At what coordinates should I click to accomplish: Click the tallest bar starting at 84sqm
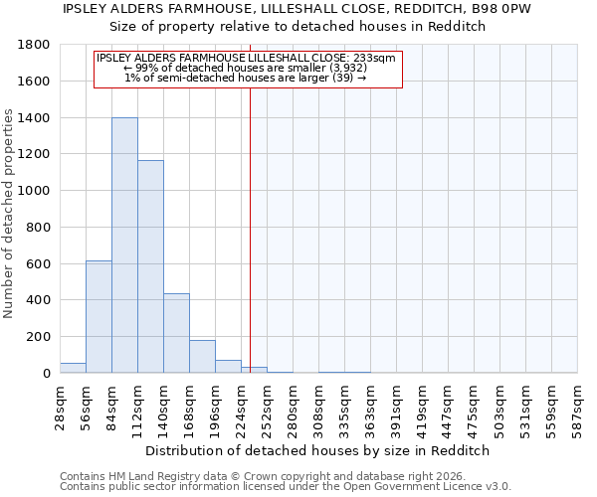[124, 246]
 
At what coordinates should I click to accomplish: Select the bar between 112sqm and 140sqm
[150, 266]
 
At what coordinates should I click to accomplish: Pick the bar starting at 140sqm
[176, 333]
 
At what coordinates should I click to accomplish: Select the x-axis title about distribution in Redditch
[317, 450]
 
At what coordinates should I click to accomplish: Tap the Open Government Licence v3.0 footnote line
[286, 486]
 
